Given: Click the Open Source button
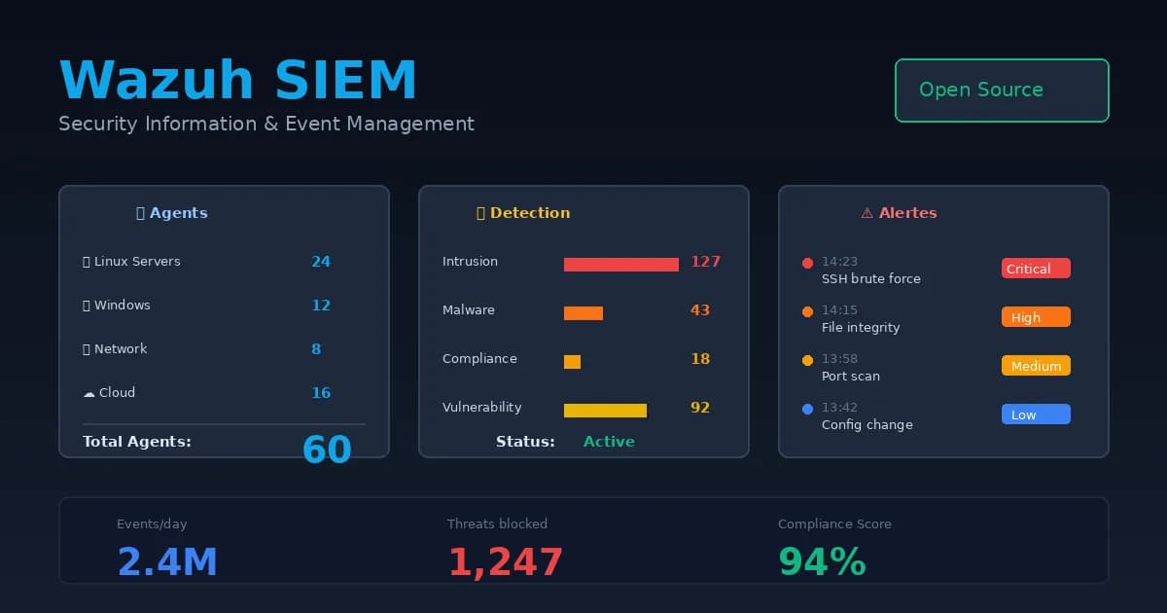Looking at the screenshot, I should (1002, 90).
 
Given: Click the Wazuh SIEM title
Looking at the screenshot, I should (238, 80).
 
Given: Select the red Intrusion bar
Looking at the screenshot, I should (620, 265).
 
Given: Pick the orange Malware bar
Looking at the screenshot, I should (583, 313).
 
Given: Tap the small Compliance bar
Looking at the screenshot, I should (572, 362).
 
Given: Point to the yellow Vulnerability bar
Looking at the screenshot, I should (605, 411).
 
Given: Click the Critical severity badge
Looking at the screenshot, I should (1036, 269).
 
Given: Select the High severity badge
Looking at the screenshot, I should (1036, 317).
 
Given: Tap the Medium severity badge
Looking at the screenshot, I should (1036, 366).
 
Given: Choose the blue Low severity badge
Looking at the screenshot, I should (1036, 415).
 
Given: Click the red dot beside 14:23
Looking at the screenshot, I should (807, 263).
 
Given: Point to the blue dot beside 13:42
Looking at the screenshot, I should (807, 409).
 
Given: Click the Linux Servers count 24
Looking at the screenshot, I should (321, 262).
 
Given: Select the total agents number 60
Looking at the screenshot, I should (327, 450).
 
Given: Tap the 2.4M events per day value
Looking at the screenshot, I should (167, 563).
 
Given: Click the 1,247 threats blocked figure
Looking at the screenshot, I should (505, 563).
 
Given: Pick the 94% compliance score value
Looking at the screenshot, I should (822, 563).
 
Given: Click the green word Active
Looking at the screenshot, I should (609, 442).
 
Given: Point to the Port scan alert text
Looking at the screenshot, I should (851, 377).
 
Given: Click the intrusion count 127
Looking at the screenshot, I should (705, 262).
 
